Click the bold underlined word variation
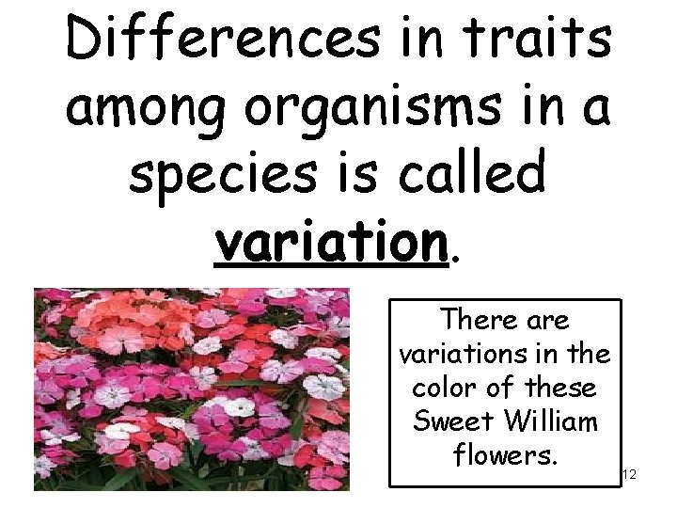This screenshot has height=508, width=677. tap(329, 243)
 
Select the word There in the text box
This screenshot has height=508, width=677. tap(479, 321)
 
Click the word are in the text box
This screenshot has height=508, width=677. tap(547, 322)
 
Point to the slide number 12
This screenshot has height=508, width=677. tap(629, 475)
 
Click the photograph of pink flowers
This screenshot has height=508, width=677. tap(192, 389)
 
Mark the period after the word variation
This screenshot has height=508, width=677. tap(457, 256)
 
